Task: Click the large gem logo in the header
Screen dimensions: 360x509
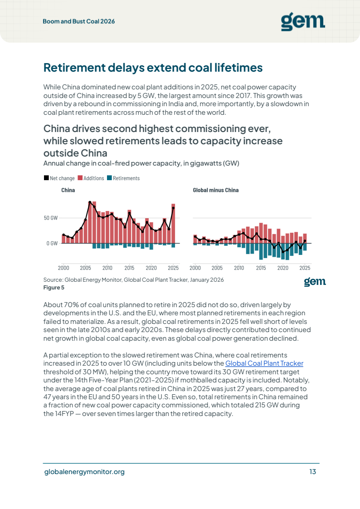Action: [x=303, y=21]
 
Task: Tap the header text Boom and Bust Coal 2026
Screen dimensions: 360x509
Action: [x=79, y=21]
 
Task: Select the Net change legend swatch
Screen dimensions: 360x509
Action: [x=46, y=178]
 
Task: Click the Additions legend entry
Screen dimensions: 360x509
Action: [x=91, y=178]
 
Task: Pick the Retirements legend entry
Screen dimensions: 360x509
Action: [x=123, y=178]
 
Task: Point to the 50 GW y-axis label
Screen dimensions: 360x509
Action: [x=51, y=218]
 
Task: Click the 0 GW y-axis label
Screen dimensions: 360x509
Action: [x=52, y=243]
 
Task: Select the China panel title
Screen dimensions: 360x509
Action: [x=68, y=190]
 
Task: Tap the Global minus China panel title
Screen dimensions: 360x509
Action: [x=216, y=190]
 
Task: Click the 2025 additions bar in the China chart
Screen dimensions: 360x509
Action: [x=173, y=224]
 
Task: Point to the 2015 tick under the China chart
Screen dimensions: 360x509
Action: [x=129, y=268]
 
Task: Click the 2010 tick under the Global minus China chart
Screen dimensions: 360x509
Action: [x=239, y=268]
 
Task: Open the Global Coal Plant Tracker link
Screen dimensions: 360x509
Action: [x=264, y=363]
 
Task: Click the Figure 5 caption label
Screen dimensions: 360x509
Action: [x=54, y=288]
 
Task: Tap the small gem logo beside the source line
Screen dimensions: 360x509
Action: [x=315, y=282]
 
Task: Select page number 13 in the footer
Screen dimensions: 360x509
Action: [x=313, y=472]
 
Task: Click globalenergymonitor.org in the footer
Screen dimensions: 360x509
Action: [x=84, y=472]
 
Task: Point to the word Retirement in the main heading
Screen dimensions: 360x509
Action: [x=75, y=68]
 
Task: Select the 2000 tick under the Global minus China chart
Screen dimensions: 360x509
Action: [x=195, y=268]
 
